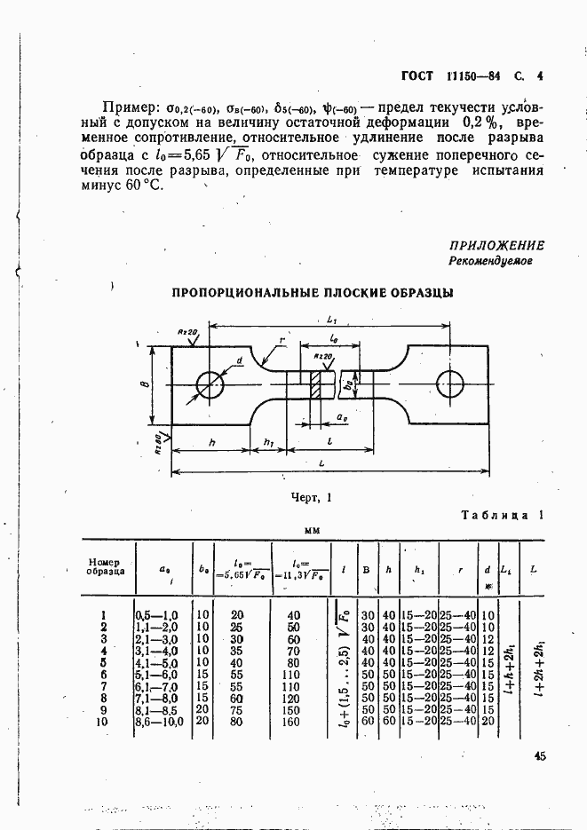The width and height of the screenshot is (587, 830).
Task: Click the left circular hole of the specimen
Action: pyautogui.click(x=210, y=384)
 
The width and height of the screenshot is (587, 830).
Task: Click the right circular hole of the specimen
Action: pyautogui.click(x=450, y=383)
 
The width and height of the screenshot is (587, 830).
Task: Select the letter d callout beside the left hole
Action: pyautogui.click(x=240, y=360)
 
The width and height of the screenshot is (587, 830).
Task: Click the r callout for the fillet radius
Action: pyautogui.click(x=281, y=340)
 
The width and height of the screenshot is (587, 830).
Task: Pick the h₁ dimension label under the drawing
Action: pyautogui.click(x=269, y=443)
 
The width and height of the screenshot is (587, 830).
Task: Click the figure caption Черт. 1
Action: pyautogui.click(x=310, y=499)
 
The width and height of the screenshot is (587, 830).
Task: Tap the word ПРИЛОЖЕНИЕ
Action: pyautogui.click(x=496, y=246)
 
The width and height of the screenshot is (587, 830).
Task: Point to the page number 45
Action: pyautogui.click(x=540, y=756)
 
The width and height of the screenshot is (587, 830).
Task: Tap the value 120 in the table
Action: pyautogui.click(x=292, y=699)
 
